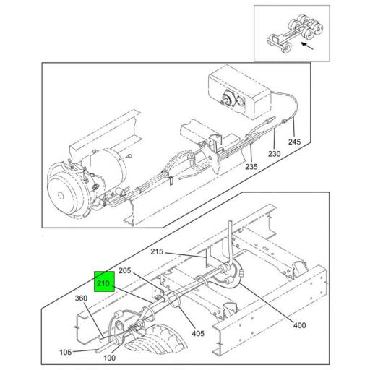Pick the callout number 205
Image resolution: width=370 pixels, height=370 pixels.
pyautogui.click(x=124, y=270)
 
